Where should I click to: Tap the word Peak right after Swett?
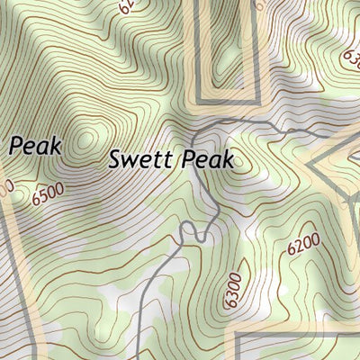pos(208,160)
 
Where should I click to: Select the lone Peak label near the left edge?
pos(36,145)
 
